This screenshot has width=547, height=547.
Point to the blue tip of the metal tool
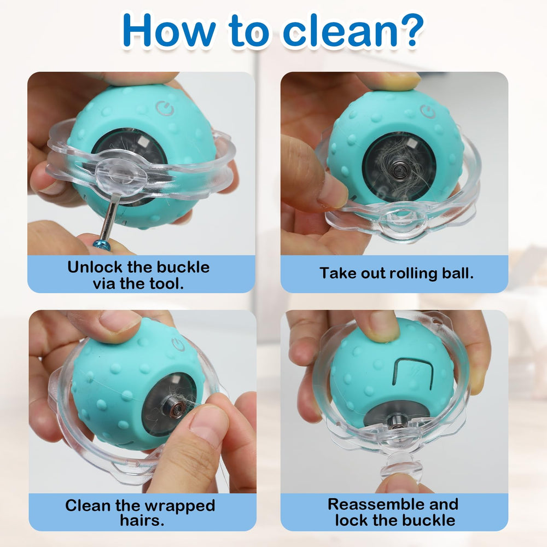[x=102, y=243]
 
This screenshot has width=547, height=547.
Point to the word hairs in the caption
[x=142, y=520]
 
